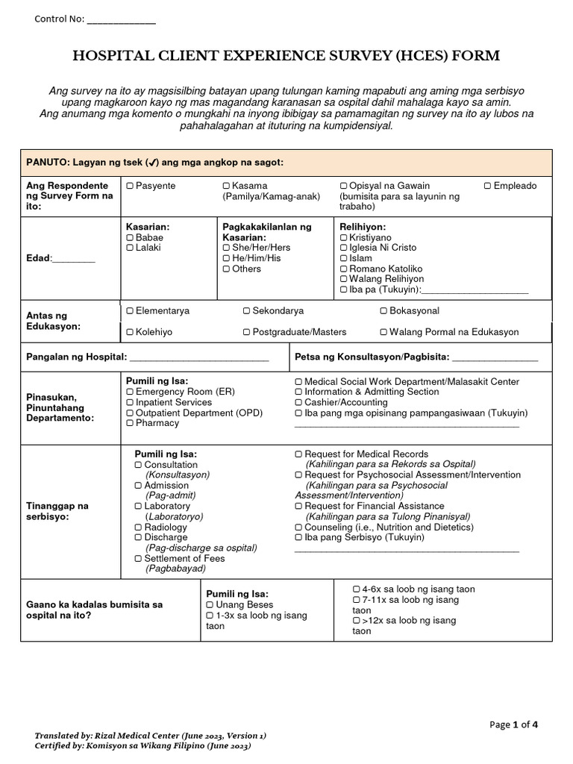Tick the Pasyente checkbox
pos(130,186)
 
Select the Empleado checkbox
pos(487,186)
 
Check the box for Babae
pos(130,237)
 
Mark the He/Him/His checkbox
pos(226,258)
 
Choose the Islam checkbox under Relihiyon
pos(343,258)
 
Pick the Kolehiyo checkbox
pos(130,332)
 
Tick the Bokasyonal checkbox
pos(383,311)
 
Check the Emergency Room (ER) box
pos(130,392)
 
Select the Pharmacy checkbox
pos(130,423)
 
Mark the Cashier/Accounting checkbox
pos(298,402)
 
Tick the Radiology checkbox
pos(138,527)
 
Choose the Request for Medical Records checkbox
pos(298,454)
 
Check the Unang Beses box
pos(210,605)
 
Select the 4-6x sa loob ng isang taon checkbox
pos(356,589)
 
